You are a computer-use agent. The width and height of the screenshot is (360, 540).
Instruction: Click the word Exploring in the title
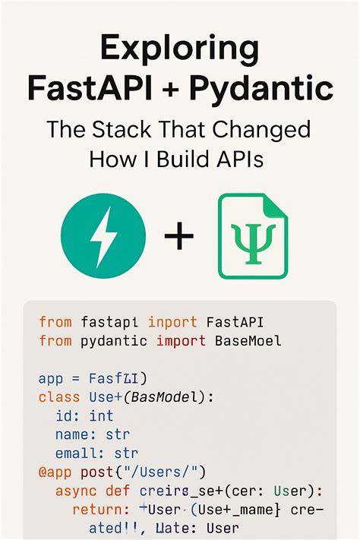[x=179, y=50]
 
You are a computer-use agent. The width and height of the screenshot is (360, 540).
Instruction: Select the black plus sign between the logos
[x=179, y=237]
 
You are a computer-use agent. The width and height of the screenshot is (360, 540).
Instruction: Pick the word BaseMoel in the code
[x=246, y=341]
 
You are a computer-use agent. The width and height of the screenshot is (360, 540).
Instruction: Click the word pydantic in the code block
[x=113, y=341]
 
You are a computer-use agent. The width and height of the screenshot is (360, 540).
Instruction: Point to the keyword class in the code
[x=58, y=396]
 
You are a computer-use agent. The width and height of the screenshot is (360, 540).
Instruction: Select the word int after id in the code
[x=101, y=415]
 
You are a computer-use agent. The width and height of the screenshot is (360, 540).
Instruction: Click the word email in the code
[x=77, y=453]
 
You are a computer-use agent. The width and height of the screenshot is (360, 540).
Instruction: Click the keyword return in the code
[x=97, y=510]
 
